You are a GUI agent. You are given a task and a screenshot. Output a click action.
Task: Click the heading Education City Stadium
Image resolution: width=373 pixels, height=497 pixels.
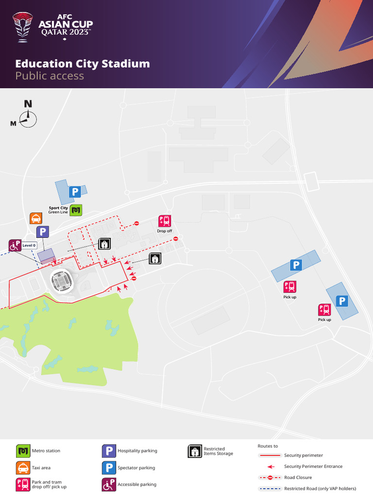pos(83,64)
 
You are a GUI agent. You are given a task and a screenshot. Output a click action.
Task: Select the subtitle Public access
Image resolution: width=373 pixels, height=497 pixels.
pos(50,76)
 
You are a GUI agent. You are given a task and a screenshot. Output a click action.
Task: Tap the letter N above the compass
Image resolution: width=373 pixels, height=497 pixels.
pos(28,103)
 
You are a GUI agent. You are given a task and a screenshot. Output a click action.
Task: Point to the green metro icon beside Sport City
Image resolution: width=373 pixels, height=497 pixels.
pos(76,210)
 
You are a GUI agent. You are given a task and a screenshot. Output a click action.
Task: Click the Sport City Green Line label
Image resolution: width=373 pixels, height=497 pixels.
pos(58,210)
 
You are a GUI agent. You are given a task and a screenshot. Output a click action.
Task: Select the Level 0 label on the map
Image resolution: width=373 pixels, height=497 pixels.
pos(30,246)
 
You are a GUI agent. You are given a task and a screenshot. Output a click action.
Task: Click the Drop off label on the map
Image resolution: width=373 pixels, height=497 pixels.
pos(165,231)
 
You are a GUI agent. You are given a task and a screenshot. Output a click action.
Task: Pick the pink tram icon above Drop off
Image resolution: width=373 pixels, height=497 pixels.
pos(165,221)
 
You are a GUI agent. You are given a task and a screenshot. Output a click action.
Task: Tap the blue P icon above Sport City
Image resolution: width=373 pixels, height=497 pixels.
pos(75,192)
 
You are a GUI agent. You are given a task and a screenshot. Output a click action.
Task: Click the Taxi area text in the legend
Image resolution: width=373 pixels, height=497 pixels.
pos(41,468)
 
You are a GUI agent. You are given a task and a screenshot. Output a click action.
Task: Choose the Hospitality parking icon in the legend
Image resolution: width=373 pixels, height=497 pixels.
pos(108,451)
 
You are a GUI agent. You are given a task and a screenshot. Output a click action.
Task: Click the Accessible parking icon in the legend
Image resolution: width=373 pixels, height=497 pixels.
pos(108,484)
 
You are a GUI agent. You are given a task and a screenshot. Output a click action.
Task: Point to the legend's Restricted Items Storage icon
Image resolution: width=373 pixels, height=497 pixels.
pos(194,451)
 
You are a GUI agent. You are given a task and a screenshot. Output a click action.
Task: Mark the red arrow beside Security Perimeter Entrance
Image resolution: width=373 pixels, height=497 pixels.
pos(271,466)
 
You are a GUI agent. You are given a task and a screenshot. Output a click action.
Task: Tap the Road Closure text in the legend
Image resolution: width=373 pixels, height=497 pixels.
pos(298,478)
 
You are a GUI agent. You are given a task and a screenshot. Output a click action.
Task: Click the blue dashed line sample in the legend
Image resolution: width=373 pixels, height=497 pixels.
pos(270,488)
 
